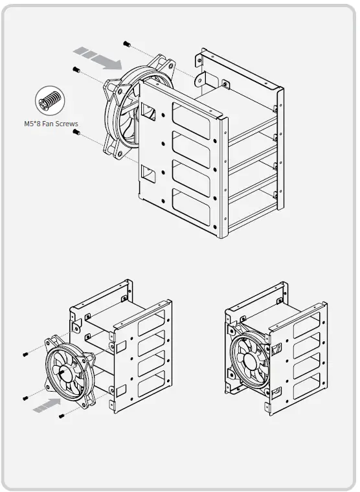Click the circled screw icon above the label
click(50, 102)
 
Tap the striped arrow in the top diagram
click(98, 58)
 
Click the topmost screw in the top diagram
click(128, 43)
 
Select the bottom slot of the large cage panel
click(191, 205)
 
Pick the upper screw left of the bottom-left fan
click(24, 354)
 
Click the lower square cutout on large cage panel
click(148, 173)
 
